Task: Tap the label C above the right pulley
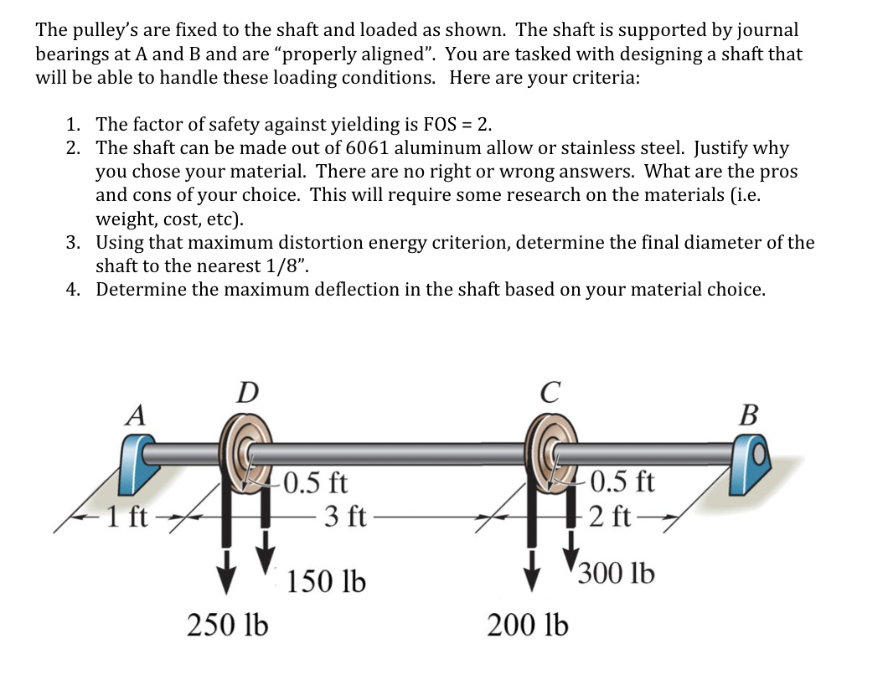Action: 550,391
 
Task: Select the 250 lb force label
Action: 227,624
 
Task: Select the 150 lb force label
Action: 326,581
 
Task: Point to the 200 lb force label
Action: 528,624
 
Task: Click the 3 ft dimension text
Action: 344,514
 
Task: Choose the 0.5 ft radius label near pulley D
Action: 315,483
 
